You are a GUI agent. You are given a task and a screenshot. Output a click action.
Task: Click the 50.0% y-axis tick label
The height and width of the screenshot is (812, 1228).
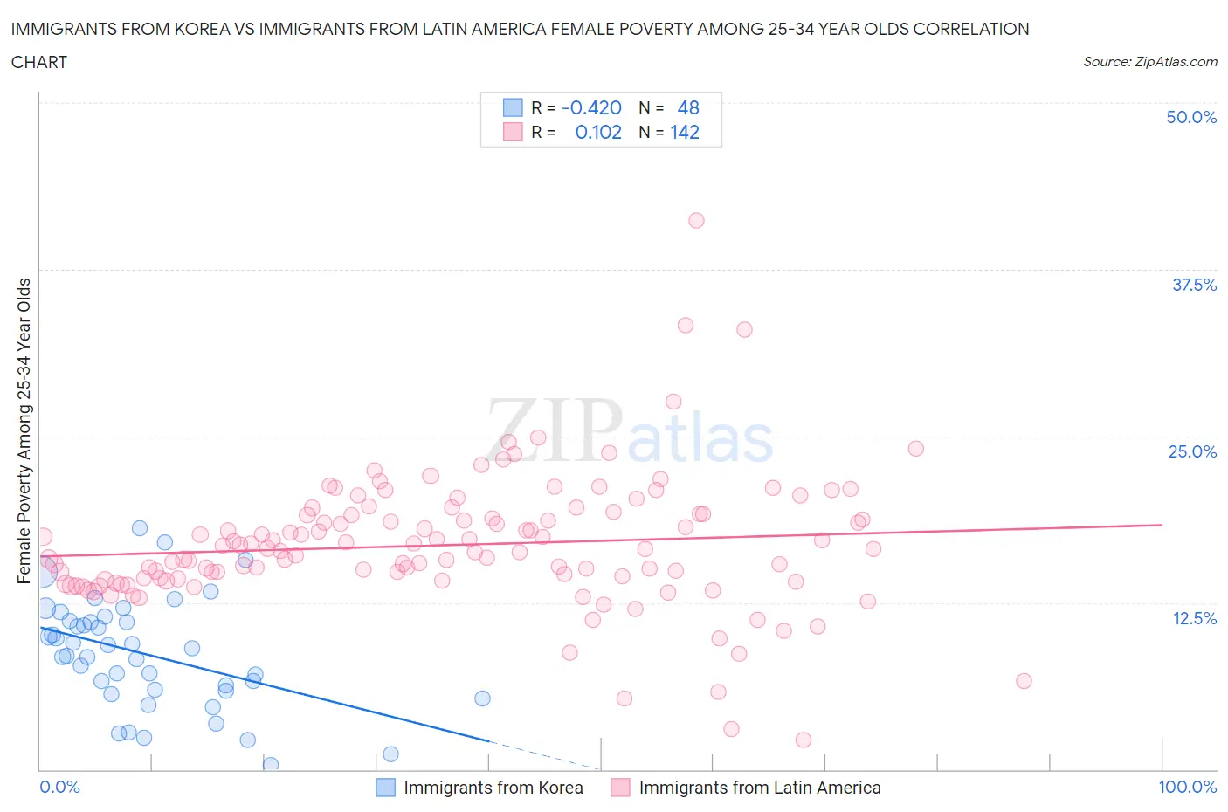click(x=1190, y=117)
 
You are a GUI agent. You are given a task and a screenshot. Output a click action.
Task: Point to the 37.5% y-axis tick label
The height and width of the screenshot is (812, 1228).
click(x=1193, y=285)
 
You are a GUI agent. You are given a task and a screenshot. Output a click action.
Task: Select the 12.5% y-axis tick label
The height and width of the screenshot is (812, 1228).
click(x=1193, y=618)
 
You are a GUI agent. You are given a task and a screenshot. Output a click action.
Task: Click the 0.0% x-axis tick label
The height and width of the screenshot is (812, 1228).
click(x=59, y=787)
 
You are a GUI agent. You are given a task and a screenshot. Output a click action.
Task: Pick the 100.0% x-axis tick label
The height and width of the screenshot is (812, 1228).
click(x=1187, y=787)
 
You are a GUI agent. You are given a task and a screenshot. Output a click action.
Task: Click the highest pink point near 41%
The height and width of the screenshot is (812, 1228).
click(x=696, y=220)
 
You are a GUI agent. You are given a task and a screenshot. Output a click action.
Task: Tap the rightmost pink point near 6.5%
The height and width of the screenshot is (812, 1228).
click(x=1024, y=681)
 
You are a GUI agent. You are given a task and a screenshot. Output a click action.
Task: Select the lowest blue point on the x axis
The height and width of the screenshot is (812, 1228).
click(x=271, y=764)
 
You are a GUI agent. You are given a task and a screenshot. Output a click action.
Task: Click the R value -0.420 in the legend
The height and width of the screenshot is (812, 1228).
click(x=591, y=107)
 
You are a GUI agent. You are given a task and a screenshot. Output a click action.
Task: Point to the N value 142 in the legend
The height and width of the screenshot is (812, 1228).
click(x=685, y=132)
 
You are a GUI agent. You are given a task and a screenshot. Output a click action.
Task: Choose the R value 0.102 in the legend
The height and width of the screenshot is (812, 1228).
click(x=598, y=132)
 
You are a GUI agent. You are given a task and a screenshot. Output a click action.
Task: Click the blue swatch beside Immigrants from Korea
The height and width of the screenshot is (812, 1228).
click(x=385, y=788)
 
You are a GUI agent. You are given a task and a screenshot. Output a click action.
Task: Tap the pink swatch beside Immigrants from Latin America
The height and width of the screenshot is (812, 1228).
click(x=620, y=788)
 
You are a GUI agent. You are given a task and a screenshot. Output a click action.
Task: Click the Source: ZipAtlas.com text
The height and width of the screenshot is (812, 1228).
click(x=1149, y=61)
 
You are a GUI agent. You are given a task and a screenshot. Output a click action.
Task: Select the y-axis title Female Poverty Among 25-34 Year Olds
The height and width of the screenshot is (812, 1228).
click(x=24, y=430)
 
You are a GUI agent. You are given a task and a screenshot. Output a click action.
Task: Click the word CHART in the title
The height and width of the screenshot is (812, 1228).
click(x=39, y=62)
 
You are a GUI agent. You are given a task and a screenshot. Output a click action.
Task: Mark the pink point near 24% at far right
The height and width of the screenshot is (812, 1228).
click(x=915, y=448)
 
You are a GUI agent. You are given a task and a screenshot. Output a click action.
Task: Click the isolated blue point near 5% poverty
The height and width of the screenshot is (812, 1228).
click(x=482, y=698)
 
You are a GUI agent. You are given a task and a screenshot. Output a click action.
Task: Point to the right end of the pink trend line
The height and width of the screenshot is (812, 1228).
click(x=1162, y=525)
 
